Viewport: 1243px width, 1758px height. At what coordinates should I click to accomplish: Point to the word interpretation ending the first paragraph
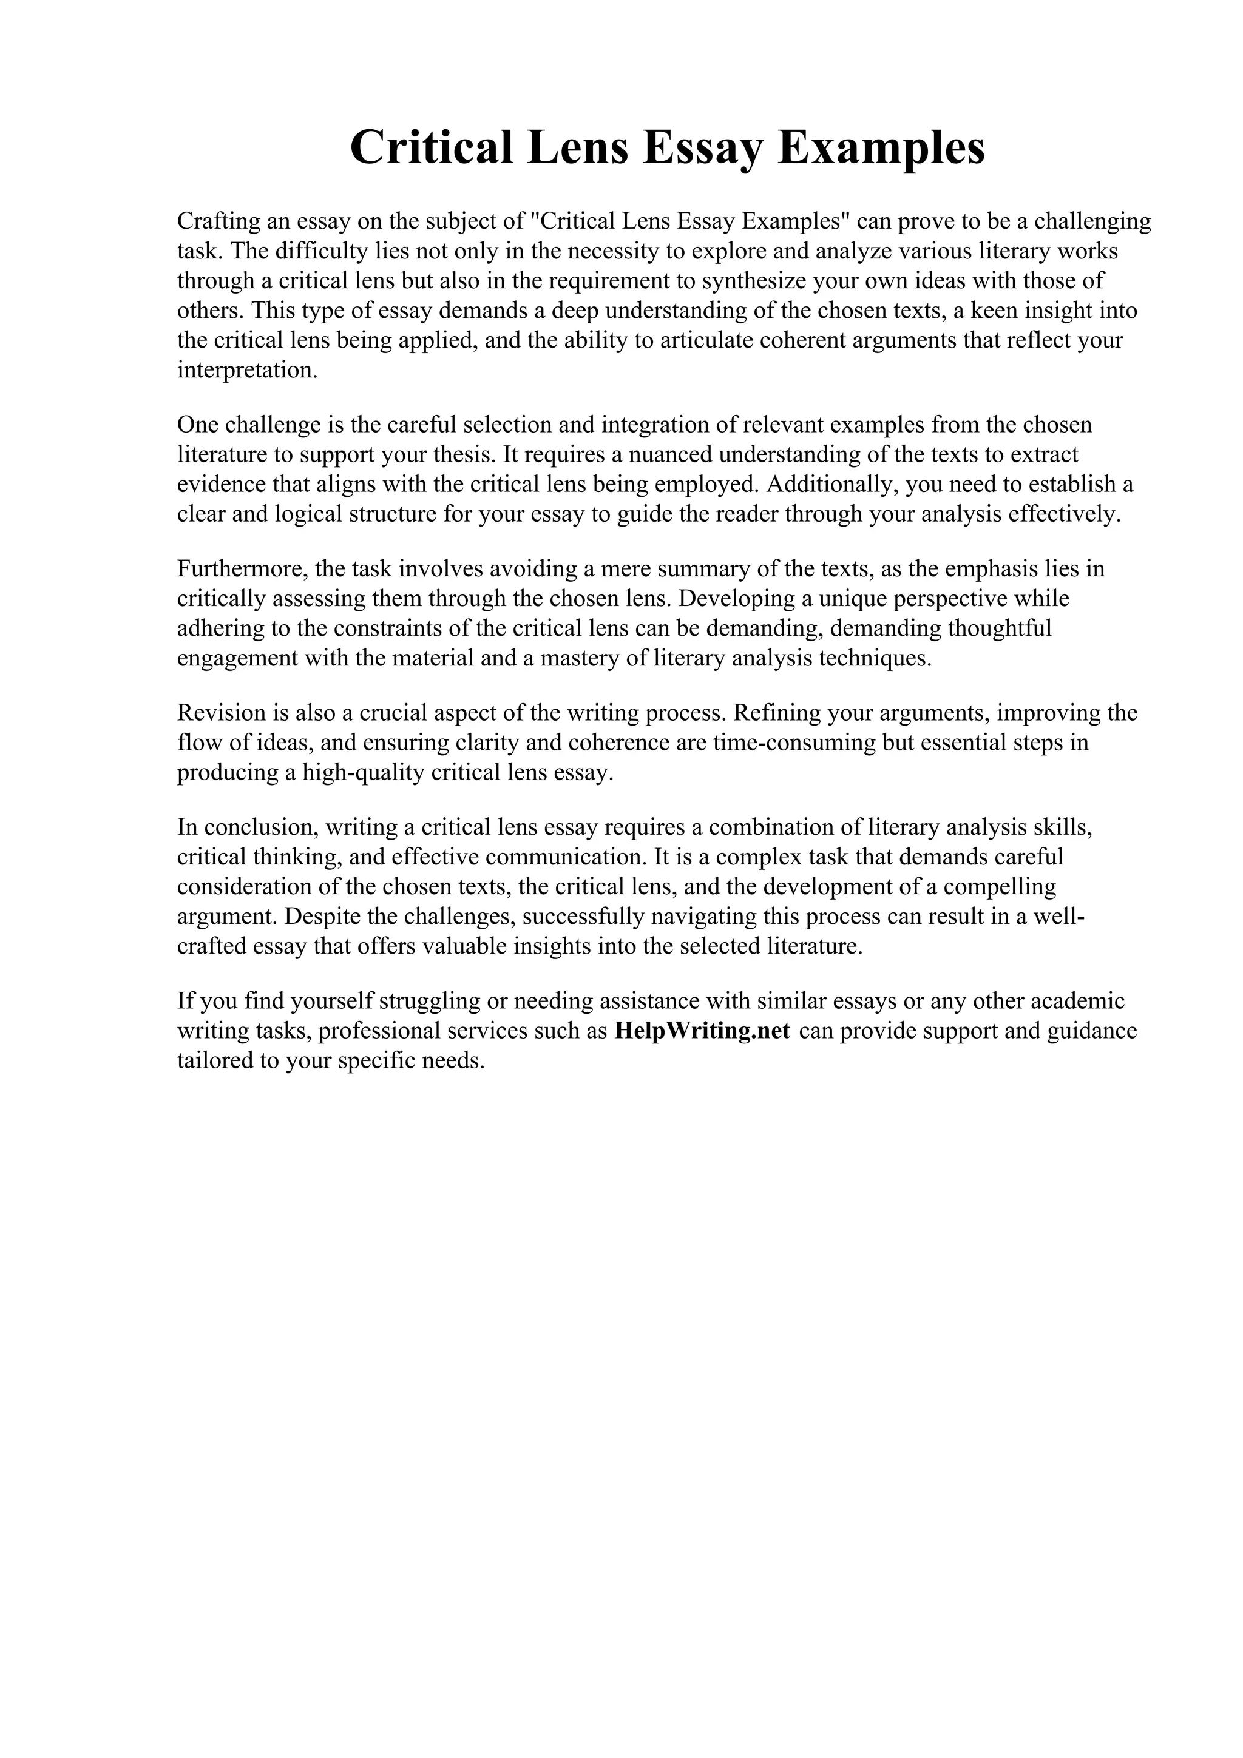[246, 371]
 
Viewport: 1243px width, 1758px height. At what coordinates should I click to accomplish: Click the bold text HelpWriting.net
[702, 1031]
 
